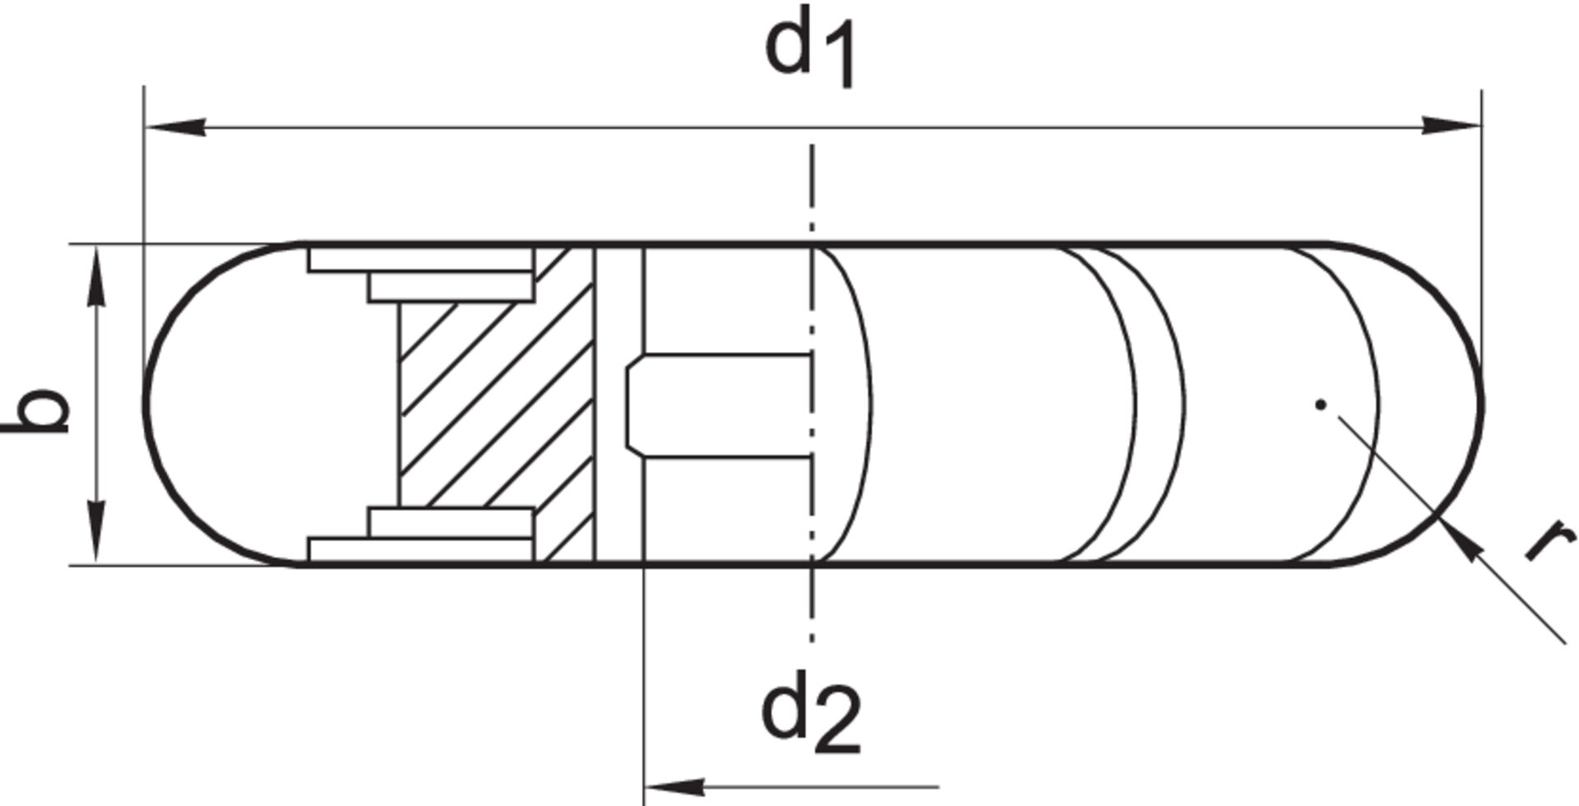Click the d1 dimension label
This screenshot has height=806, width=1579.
(810, 47)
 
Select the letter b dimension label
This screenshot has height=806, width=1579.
(37, 409)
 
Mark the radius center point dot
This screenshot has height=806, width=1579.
(1321, 404)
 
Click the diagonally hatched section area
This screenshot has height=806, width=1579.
(493, 403)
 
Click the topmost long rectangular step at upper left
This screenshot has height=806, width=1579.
(420, 260)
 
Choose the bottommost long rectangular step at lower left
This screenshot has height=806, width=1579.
(420, 549)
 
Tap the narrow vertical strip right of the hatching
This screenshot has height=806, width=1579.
(618, 404)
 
